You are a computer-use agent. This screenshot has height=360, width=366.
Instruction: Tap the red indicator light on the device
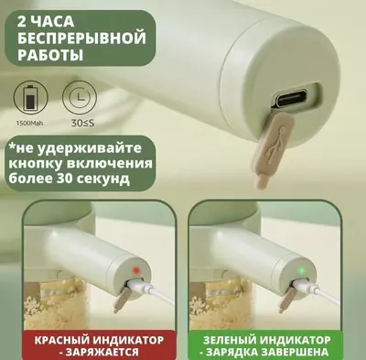(x=134, y=271)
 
